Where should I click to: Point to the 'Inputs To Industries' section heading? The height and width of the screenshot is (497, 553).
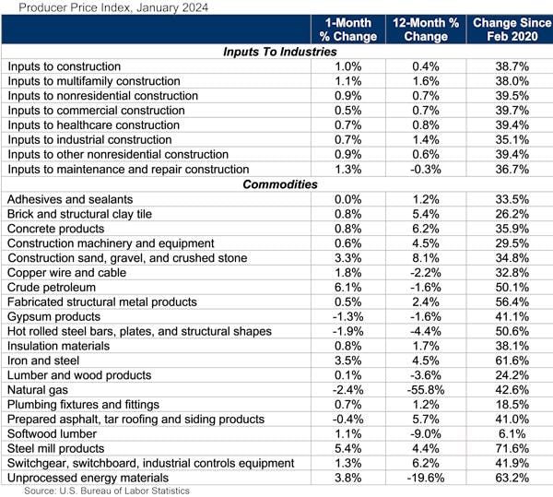click(280, 52)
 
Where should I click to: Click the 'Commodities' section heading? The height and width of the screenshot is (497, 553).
click(280, 184)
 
